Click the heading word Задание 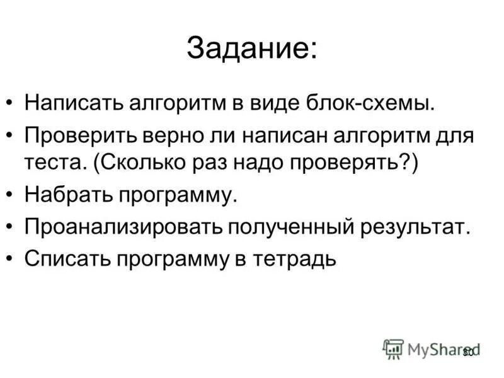(x=251, y=50)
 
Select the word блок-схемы (x=350, y=102)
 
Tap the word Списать (x=63, y=258)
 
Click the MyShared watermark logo (x=432, y=348)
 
